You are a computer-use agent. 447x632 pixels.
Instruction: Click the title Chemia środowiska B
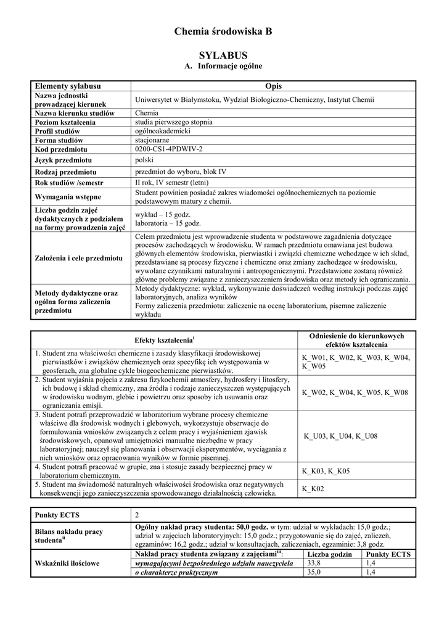click(x=223, y=31)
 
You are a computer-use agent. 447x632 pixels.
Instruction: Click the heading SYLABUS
click(x=223, y=56)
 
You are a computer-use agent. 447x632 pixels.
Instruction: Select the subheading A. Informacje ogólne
click(x=223, y=66)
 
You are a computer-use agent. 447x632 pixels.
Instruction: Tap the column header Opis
click(x=273, y=86)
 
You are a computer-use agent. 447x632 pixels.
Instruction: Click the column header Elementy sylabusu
click(x=68, y=86)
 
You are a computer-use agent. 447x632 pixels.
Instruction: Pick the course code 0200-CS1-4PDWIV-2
click(x=168, y=149)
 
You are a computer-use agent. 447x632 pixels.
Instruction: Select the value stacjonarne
click(x=153, y=140)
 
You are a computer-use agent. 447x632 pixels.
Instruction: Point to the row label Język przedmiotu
click(x=65, y=160)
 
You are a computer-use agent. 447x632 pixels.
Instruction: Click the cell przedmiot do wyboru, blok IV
click(x=181, y=172)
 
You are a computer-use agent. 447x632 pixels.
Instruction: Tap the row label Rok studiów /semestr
click(x=69, y=183)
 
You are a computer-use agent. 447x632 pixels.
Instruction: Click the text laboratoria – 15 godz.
click(x=168, y=223)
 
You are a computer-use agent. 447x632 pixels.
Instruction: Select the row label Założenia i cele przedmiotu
click(x=78, y=257)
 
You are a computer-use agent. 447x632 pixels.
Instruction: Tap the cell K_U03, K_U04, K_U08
click(x=340, y=436)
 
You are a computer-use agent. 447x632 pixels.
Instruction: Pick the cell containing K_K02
click(x=313, y=489)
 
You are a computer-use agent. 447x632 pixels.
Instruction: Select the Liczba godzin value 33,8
click(x=314, y=563)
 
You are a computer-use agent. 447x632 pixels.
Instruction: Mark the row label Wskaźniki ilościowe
click(x=68, y=563)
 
